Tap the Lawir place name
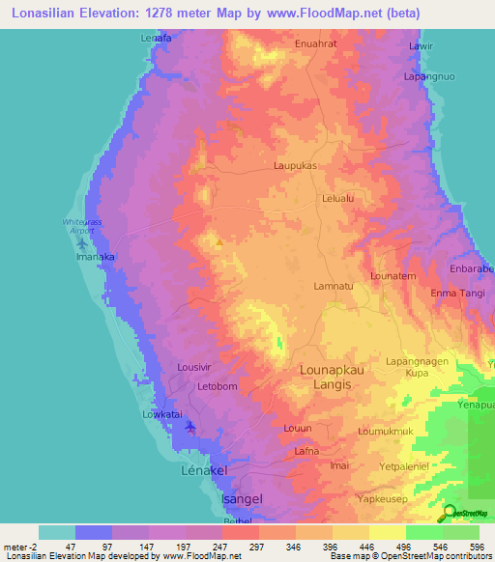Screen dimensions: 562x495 pyautogui.click(x=420, y=45)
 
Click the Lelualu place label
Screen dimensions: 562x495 pyautogui.click(x=337, y=199)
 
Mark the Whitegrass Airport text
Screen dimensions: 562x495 pyautogui.click(x=81, y=227)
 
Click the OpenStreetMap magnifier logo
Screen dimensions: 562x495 pyautogui.click(x=450, y=514)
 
